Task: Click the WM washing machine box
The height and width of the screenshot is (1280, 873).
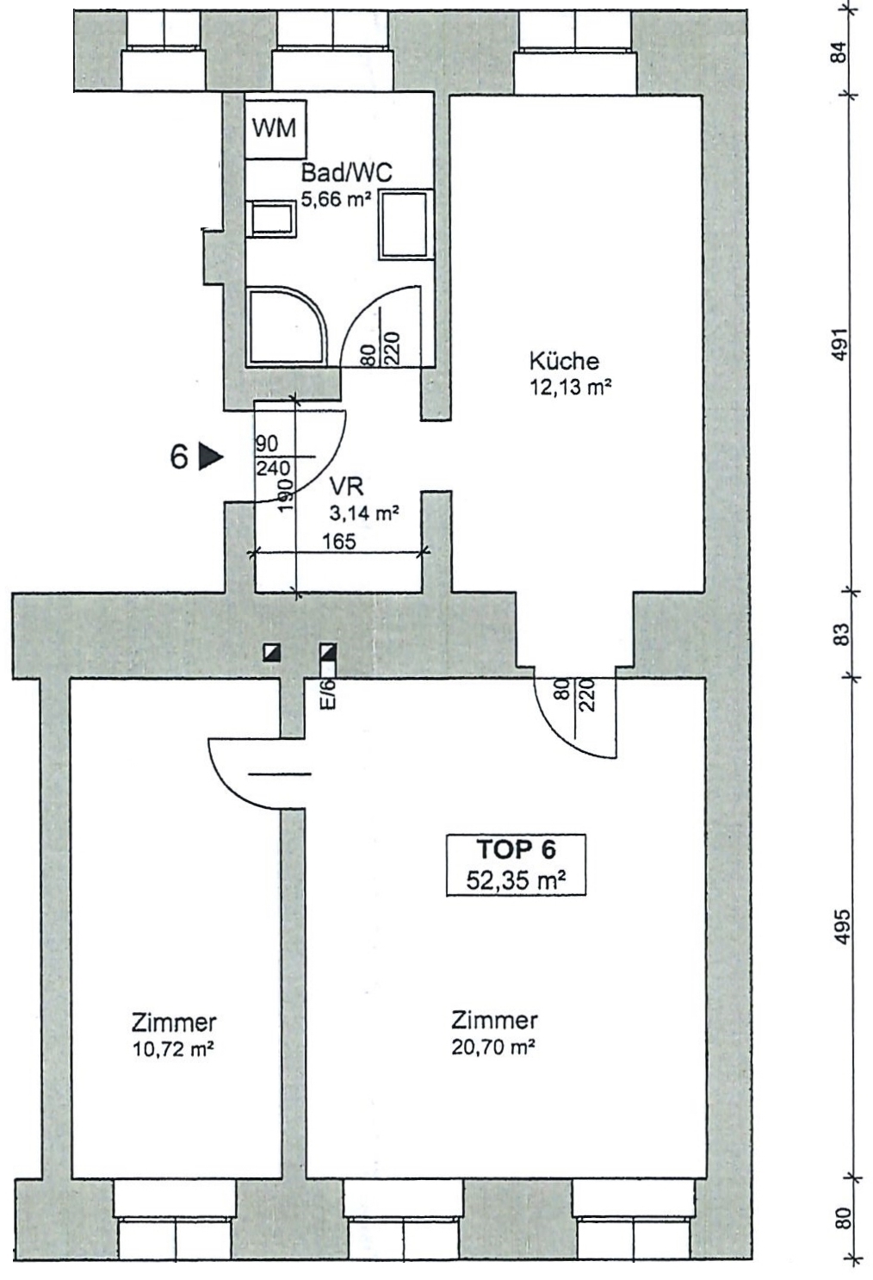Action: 276,129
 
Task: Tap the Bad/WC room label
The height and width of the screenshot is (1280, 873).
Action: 347,172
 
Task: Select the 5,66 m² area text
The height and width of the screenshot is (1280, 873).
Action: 337,200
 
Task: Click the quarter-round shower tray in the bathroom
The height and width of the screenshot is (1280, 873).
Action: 287,326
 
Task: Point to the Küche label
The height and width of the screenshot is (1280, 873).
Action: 564,361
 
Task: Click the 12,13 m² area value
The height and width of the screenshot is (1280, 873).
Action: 571,388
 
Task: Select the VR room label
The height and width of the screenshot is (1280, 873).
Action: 347,487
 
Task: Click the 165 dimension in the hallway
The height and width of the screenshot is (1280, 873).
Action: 339,541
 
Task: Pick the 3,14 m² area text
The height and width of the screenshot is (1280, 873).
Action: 363,513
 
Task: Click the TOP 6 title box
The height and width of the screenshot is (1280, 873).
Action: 516,865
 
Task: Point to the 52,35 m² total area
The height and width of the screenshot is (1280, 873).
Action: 516,880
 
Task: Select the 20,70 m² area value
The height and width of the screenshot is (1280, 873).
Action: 493,1047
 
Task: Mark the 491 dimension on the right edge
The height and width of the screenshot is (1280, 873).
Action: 842,345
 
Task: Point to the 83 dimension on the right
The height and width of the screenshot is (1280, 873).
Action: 842,633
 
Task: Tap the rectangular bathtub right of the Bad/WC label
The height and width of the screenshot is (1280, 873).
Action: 405,227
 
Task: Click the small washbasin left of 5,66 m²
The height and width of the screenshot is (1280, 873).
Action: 272,218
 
